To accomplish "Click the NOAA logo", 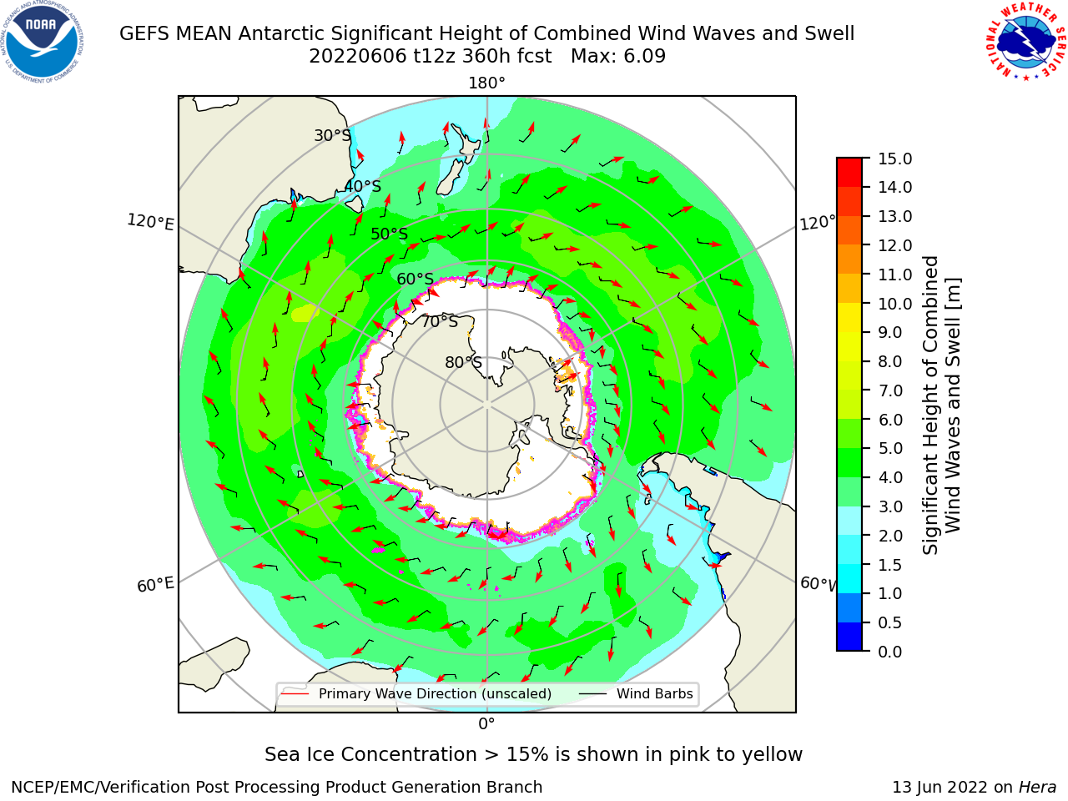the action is point(43,43).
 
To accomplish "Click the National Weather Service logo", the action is point(1025,42).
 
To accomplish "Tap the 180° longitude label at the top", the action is point(486,83).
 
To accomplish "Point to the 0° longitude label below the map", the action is point(486,724).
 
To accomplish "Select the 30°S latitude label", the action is point(332,135).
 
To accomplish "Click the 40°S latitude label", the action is point(363,186).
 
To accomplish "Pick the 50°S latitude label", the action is point(390,234).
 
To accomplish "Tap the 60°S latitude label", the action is point(415,279).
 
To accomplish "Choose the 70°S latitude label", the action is point(440,321).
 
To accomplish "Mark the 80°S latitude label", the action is point(463,362).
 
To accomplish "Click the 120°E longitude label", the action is point(150,222).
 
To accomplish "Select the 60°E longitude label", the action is point(155,584).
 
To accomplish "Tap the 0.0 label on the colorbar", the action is point(890,652).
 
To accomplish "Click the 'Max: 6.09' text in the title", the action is point(618,57).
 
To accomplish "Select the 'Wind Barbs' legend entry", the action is point(654,693).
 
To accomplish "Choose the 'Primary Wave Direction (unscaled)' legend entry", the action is point(435,693).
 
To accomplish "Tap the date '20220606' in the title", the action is point(358,57).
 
